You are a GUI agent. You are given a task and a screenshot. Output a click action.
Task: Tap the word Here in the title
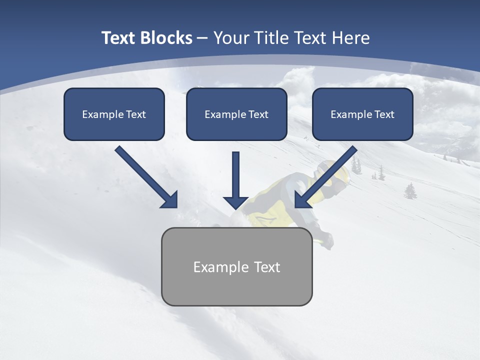click(x=351, y=38)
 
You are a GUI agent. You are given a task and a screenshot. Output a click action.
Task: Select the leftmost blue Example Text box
click(x=114, y=114)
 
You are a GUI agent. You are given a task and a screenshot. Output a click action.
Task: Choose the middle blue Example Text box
click(x=236, y=114)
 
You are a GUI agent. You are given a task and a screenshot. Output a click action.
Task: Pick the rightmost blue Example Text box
click(x=362, y=114)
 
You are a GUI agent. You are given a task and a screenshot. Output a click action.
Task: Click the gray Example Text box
click(x=236, y=266)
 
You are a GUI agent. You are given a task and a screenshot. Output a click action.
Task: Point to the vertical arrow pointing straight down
click(x=235, y=180)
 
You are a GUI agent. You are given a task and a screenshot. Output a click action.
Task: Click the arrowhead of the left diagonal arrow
click(x=170, y=200)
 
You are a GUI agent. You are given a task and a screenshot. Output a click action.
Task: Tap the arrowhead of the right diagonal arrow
click(x=302, y=200)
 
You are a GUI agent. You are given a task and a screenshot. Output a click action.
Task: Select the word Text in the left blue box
click(x=136, y=114)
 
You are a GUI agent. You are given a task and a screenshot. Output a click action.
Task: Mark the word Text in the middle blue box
click(x=258, y=114)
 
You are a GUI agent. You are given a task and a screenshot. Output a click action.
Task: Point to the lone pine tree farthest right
click(x=410, y=190)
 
